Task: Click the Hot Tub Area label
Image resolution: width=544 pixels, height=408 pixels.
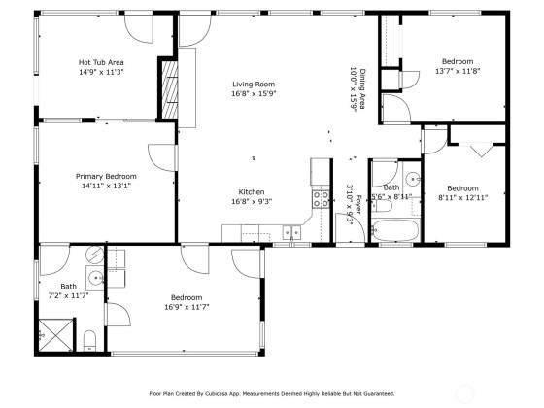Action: tap(101, 62)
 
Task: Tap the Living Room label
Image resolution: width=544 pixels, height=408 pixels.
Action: tap(254, 84)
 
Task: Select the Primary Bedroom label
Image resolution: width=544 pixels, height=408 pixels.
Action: tap(106, 176)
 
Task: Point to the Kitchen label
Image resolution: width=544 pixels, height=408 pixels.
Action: tap(252, 192)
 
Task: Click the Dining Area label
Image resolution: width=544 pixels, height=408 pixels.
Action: tap(363, 88)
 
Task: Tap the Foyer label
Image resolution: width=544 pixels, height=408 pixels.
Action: tap(358, 205)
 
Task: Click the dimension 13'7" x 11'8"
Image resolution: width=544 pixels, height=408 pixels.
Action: tap(458, 71)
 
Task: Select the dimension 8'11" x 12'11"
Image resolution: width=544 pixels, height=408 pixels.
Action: tap(462, 198)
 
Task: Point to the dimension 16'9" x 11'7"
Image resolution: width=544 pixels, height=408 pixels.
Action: tap(187, 307)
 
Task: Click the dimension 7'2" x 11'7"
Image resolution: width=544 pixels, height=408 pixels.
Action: tap(69, 295)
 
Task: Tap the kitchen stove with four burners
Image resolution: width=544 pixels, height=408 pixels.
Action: tap(321, 199)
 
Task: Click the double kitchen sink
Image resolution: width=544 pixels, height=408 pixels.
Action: tap(291, 232)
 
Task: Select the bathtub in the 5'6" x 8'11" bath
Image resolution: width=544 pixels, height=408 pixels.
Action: tap(395, 230)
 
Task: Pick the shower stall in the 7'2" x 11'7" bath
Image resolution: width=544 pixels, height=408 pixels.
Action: tap(56, 335)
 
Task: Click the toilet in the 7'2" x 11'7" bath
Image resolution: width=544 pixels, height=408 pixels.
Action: tap(89, 341)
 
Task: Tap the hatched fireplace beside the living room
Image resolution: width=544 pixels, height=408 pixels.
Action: tap(170, 89)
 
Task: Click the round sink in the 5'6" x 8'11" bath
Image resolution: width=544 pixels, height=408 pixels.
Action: tap(413, 179)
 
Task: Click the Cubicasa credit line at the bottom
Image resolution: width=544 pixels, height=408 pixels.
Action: tap(272, 393)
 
